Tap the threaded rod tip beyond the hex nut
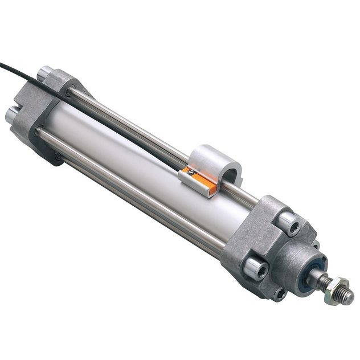point(345,297)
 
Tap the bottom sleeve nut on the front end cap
point(279,293)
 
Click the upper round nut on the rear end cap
point(46,73)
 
